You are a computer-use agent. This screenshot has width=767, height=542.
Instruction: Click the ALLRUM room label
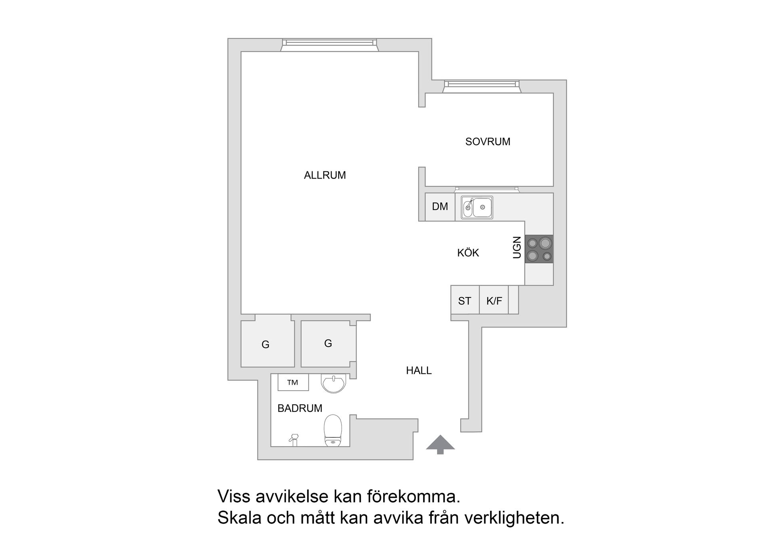[325, 175]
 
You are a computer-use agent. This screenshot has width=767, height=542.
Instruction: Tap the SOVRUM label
[488, 142]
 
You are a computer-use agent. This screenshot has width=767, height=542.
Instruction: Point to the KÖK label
[468, 253]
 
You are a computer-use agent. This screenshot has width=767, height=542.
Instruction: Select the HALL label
[419, 371]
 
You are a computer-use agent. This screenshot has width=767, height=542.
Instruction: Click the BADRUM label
[300, 408]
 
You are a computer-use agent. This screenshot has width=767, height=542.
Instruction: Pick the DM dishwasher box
[440, 207]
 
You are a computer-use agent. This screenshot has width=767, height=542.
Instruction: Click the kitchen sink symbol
[477, 207]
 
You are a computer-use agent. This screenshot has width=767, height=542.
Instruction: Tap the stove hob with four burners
[539, 249]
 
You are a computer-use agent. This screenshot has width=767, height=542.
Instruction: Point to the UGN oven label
[517, 248]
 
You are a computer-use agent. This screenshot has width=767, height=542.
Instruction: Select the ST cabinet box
[465, 301]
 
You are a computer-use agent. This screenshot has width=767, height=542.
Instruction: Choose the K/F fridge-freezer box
[494, 301]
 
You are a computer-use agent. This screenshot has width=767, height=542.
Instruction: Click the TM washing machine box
[293, 383]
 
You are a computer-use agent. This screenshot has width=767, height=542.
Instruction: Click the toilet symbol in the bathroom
[332, 430]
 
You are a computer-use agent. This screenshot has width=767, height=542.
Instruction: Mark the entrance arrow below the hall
[440, 444]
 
